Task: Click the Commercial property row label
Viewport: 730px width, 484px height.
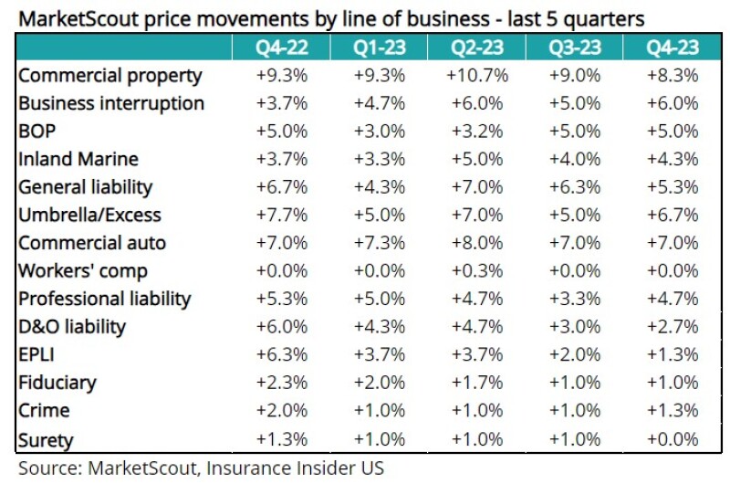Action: [110, 76]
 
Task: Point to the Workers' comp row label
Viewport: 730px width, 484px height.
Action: [83, 271]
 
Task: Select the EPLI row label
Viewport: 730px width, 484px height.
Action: [37, 355]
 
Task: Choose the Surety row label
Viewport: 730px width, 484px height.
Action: [46, 439]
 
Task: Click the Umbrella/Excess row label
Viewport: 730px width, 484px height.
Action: [89, 216]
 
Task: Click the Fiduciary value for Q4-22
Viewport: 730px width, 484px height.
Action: [282, 384]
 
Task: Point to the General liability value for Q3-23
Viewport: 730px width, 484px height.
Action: [576, 187]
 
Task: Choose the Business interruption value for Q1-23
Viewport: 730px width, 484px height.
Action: [380, 103]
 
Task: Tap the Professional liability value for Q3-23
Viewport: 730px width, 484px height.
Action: [576, 300]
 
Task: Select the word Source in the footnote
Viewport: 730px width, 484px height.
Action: [47, 468]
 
